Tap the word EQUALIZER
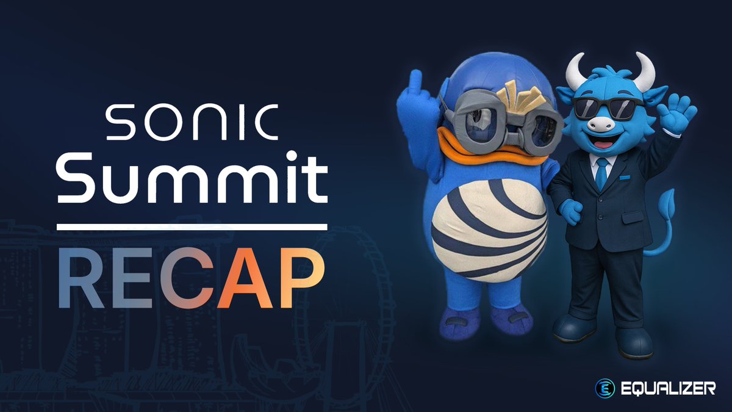click(x=666, y=388)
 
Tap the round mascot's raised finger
click(x=417, y=83)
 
